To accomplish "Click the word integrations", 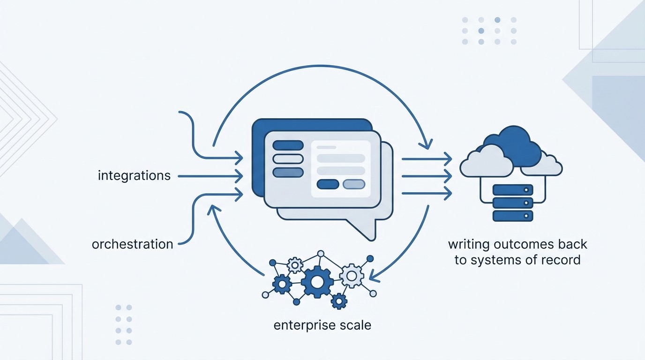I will click(x=134, y=176).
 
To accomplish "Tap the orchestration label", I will click(x=132, y=244).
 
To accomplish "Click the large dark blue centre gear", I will click(x=317, y=282).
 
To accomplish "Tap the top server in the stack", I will click(x=513, y=190).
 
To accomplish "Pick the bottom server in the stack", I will click(x=513, y=216).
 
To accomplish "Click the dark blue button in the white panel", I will click(x=328, y=184).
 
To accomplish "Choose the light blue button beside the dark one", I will click(x=354, y=184).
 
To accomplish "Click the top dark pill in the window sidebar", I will click(x=288, y=145).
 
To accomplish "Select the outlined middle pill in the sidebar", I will click(x=288, y=159).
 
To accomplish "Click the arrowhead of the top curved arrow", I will click(x=427, y=144).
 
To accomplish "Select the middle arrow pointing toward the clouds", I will click(x=427, y=176).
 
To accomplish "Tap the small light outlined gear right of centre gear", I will click(x=351, y=275).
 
